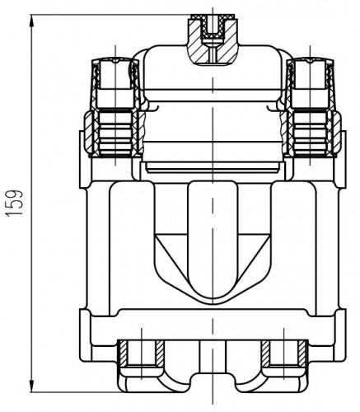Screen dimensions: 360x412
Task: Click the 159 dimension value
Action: coord(14,203)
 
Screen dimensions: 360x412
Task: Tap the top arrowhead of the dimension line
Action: coord(32,21)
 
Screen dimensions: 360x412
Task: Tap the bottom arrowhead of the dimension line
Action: coord(32,386)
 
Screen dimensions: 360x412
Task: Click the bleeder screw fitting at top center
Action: coord(213,40)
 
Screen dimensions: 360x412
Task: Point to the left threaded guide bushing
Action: coord(115,133)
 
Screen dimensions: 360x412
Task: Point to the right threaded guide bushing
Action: coord(311,133)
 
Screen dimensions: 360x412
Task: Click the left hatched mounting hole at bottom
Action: coord(141,353)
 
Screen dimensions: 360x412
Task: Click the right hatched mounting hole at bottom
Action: coord(284,353)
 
